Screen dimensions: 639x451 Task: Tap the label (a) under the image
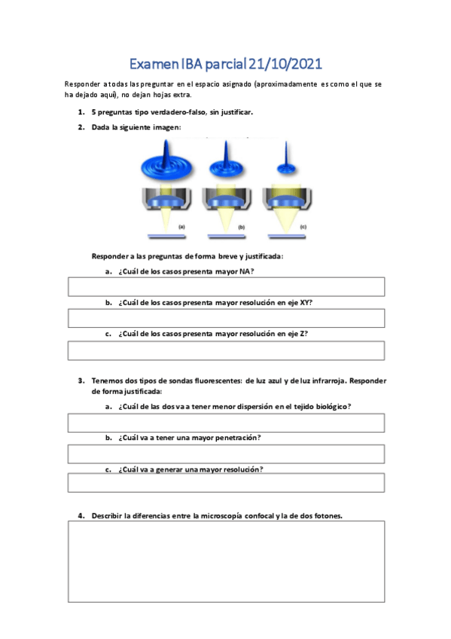pos(181,227)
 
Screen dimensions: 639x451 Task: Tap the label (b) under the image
pos(242,227)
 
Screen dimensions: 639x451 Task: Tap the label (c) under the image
pos(303,227)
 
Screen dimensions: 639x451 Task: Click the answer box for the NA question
pos(226,287)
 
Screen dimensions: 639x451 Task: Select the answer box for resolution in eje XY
pos(226,319)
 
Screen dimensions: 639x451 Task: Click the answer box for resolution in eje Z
pos(226,350)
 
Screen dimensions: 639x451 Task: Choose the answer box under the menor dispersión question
pos(226,423)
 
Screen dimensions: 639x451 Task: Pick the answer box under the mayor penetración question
pos(226,454)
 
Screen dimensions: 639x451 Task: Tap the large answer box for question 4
pos(226,561)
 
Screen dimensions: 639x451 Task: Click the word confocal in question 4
pos(253,516)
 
